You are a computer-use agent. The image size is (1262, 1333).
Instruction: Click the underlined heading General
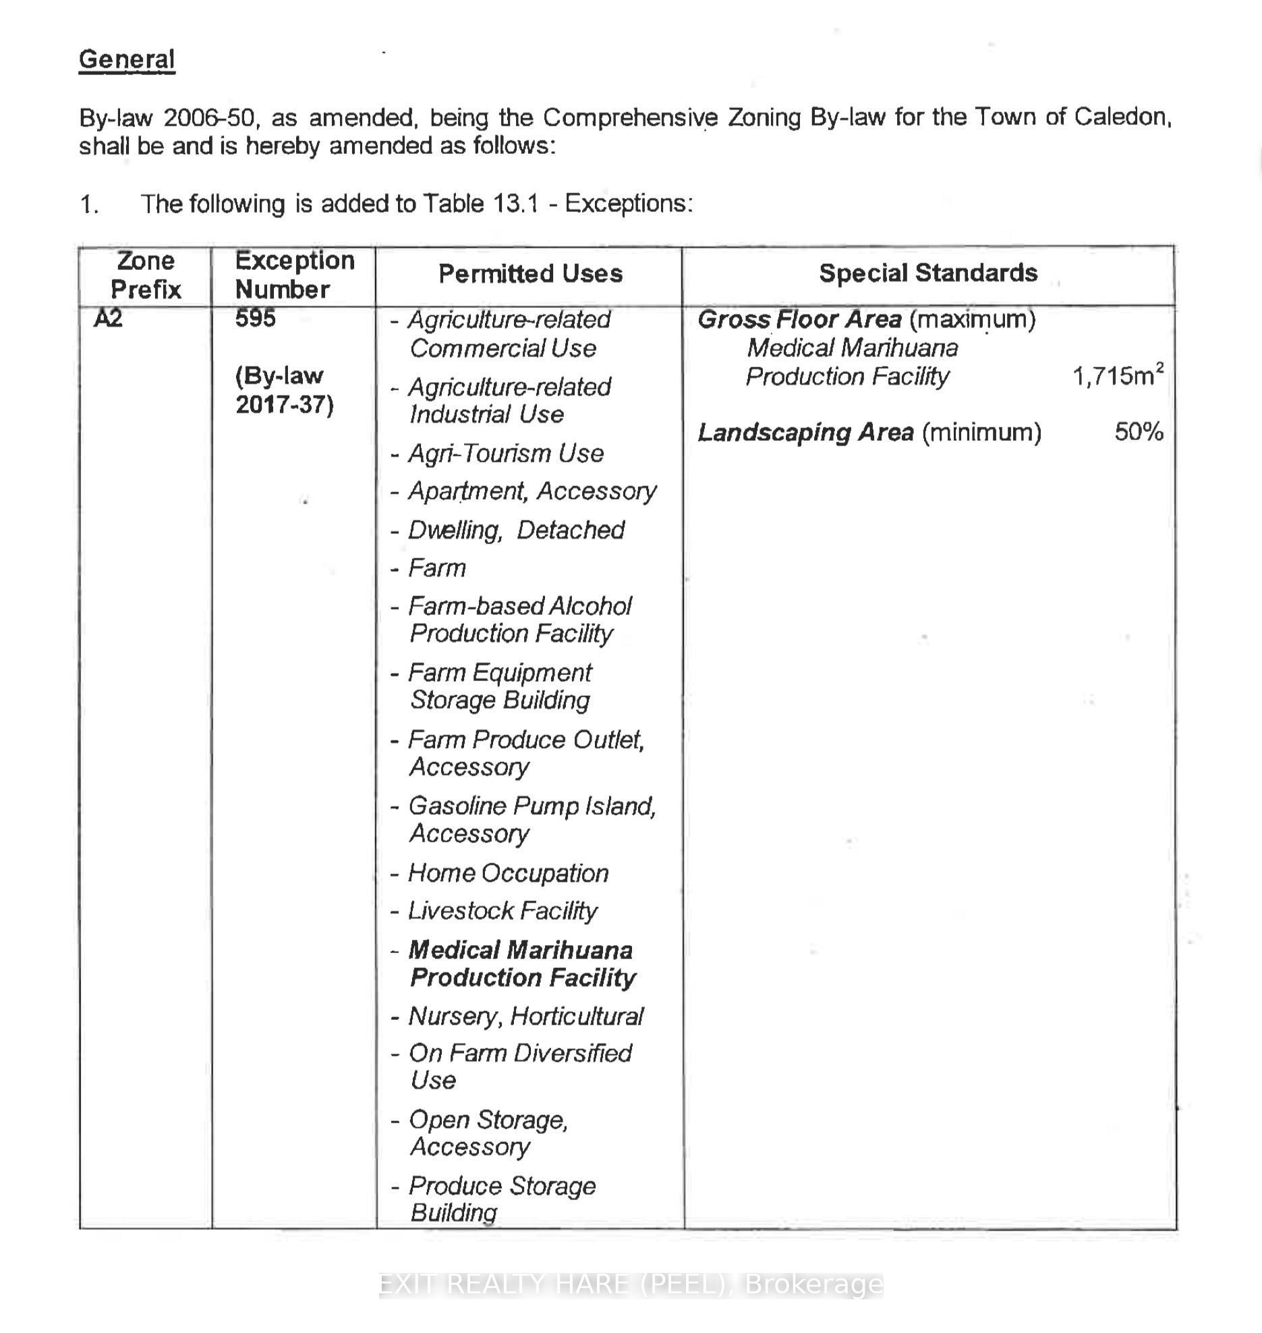(127, 59)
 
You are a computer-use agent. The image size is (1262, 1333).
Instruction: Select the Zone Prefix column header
(146, 275)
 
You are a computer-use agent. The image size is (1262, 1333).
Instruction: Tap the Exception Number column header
(294, 275)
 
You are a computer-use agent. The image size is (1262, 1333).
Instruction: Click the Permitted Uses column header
(530, 274)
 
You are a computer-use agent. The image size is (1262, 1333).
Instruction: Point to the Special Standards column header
(927, 273)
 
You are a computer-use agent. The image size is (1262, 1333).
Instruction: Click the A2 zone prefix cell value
(109, 318)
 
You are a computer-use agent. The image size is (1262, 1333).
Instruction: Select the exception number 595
(255, 318)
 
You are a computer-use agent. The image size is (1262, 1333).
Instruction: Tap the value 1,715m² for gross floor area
(1117, 375)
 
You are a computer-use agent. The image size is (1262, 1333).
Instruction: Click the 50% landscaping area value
(1139, 431)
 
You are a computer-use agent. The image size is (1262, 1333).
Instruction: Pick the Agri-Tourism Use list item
(505, 453)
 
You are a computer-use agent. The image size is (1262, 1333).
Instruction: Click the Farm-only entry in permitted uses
(437, 568)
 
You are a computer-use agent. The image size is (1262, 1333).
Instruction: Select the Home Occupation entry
(508, 873)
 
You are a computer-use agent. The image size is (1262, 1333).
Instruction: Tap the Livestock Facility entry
(503, 911)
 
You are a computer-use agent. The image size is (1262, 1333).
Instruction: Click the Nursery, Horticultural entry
(525, 1016)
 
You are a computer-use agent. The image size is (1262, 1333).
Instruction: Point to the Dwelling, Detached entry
(516, 530)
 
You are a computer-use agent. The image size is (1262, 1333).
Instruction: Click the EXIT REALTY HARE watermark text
(631, 1285)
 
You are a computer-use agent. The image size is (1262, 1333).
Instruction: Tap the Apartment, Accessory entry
(532, 491)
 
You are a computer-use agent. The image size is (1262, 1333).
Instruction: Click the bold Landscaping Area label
(805, 432)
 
